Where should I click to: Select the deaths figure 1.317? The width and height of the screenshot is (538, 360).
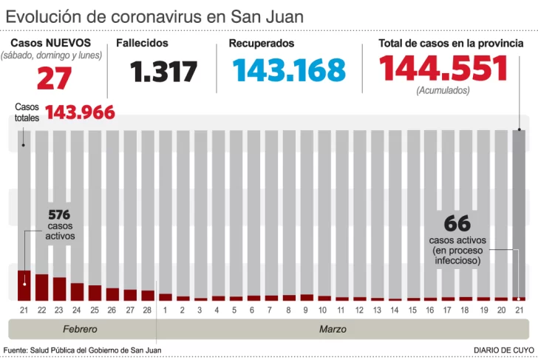tap(164, 72)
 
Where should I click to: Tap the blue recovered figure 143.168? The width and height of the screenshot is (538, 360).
tap(288, 69)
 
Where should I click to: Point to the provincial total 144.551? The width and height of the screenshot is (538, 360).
tap(443, 69)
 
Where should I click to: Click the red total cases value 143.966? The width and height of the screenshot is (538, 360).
tap(80, 112)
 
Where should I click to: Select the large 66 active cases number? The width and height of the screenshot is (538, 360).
tap(457, 223)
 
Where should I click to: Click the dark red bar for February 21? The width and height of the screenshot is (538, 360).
tap(24, 285)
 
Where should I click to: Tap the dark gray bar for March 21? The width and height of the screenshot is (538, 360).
tap(520, 214)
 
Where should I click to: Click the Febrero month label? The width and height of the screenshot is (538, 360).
tap(79, 328)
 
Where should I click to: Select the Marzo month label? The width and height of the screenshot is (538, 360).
tap(333, 328)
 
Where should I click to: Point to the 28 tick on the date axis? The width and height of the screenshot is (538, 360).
tap(148, 310)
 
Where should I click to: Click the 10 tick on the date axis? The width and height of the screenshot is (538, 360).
tap(324, 310)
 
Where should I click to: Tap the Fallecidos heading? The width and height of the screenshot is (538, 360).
tap(142, 44)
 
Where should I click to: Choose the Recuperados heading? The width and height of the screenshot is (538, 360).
tap(261, 44)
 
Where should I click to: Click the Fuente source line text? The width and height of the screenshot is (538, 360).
tap(82, 350)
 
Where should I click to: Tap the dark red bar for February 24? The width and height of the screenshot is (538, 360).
tap(77, 291)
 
